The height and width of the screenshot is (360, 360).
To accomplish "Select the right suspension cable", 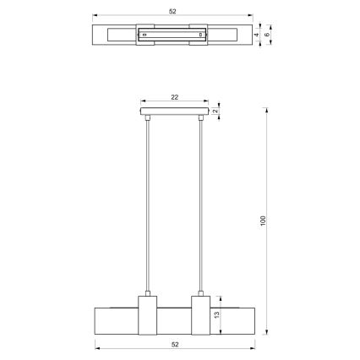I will [x=201, y=207].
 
